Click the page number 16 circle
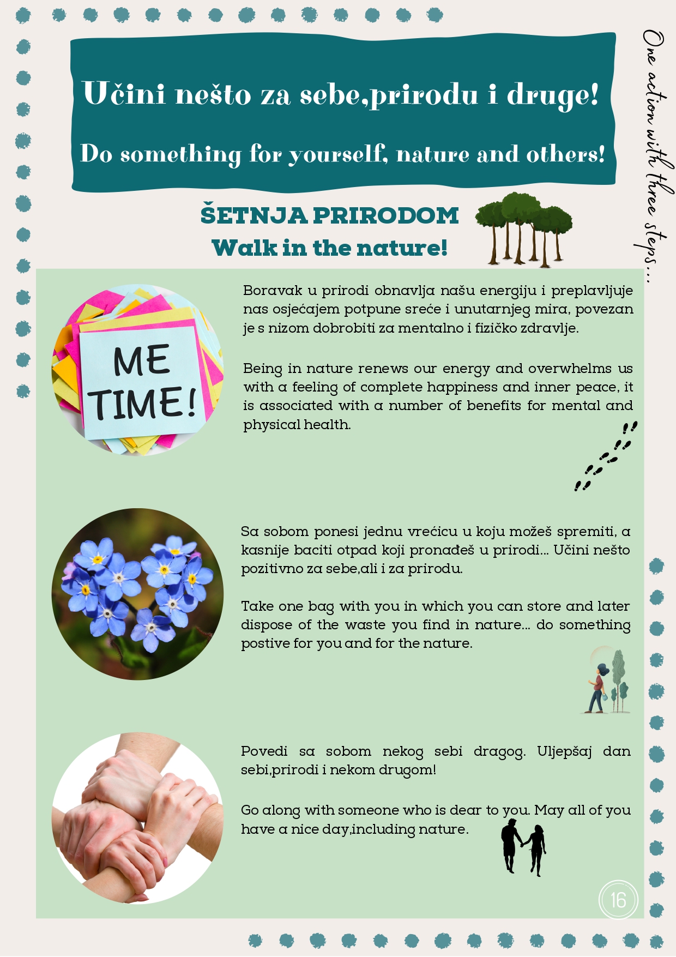pos(618,900)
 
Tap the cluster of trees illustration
pos(523,229)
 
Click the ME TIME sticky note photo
pos(137,370)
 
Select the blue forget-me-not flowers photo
pos(137,594)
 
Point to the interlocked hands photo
pos(137,818)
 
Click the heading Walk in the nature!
pos(329,248)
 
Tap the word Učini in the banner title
pos(124,93)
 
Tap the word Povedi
pos(264,751)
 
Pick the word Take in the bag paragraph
pos(257,606)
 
